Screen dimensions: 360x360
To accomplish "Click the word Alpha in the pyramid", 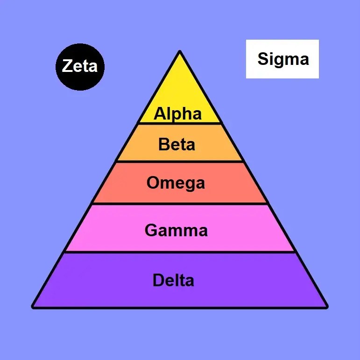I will click(178, 113).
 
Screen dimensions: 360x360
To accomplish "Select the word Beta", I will click(176, 144).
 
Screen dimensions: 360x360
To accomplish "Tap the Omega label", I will click(176, 183).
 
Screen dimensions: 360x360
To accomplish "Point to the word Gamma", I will click(176, 230).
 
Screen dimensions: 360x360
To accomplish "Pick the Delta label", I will click(173, 281).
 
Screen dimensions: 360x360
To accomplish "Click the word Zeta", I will click(80, 66).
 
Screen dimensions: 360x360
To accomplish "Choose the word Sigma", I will click(283, 59).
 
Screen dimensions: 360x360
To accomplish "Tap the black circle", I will click(80, 79).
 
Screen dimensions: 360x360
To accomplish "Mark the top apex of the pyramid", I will click(180, 51).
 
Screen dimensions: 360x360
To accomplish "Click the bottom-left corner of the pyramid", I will click(33, 307).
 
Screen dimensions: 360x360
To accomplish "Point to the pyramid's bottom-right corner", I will click(326, 307).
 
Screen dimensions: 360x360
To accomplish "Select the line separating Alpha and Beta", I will click(180, 123).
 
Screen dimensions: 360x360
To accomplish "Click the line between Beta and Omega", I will click(180, 162).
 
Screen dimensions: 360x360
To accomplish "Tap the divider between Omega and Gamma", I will click(180, 204).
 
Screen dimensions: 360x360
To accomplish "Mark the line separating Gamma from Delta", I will click(180, 252).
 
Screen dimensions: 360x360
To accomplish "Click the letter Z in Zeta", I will click(67, 66).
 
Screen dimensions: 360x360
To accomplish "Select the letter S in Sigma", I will click(262, 59).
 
